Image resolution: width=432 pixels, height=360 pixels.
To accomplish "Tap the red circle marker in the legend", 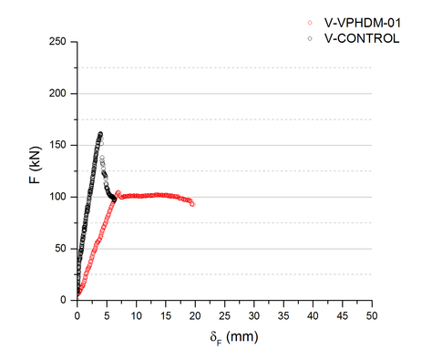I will pyautogui.click(x=310, y=22).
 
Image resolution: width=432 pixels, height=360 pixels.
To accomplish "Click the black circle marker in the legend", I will pyautogui.click(x=310, y=38).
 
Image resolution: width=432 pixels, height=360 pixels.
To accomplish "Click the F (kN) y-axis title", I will pyautogui.click(x=36, y=170).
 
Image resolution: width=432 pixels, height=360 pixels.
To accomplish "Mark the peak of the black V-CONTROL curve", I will pyautogui.click(x=100, y=134).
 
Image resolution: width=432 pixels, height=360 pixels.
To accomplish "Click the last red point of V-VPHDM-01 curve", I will pyautogui.click(x=192, y=204).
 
